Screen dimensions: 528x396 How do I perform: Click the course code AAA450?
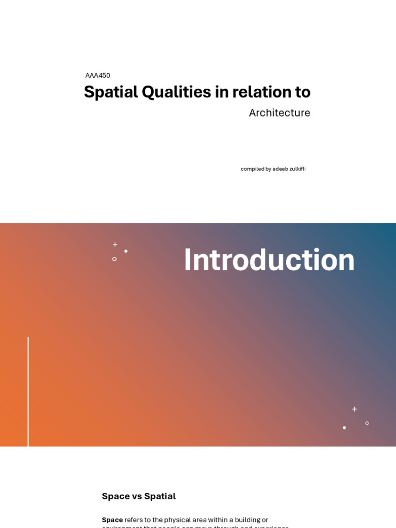[x=97, y=75]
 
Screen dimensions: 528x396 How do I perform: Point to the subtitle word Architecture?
[x=279, y=113]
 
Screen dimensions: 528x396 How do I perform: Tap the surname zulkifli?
[x=298, y=169]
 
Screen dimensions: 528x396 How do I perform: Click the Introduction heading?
[x=269, y=260]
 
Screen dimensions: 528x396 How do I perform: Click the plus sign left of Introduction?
[x=115, y=244]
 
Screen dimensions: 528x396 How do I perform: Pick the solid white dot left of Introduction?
[x=126, y=251]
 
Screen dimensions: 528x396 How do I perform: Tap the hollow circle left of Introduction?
[x=114, y=259]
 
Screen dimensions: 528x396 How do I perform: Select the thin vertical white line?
[x=28, y=392]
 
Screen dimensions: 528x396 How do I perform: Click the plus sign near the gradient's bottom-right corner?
[x=354, y=409]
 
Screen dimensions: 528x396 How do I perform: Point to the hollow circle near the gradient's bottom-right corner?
[x=367, y=423]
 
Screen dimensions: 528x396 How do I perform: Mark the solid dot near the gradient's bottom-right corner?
[x=344, y=427]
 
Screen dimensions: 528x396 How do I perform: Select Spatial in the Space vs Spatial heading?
[x=160, y=497]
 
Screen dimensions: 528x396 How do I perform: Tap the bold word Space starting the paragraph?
[x=112, y=520]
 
